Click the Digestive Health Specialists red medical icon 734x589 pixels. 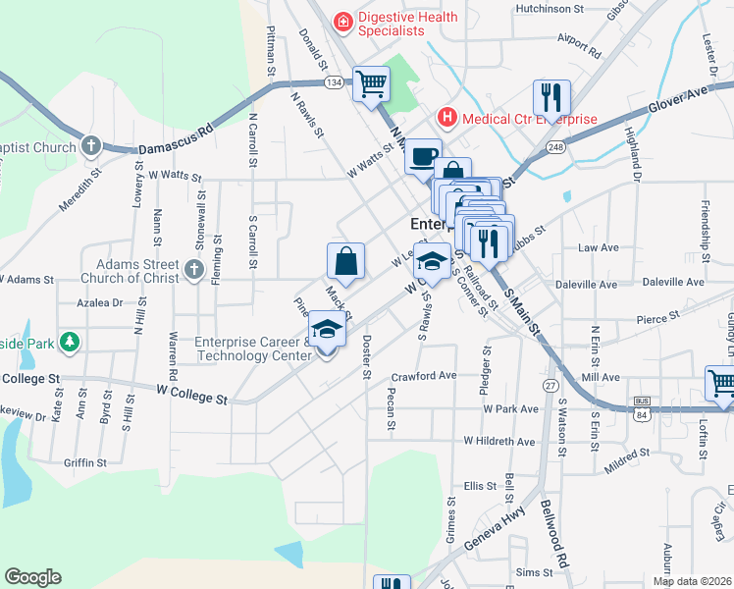tap(342, 20)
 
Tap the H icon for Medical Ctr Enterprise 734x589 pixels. tap(447, 118)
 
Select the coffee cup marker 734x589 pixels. tap(422, 155)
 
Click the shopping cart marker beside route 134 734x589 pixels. tap(371, 84)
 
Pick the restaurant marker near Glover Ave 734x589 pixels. tap(551, 97)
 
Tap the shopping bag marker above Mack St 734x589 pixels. tap(345, 262)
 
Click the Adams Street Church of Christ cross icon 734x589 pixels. tap(193, 267)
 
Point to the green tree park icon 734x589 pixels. tap(69, 341)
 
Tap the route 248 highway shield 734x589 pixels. tap(556, 147)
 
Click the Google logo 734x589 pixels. tap(33, 577)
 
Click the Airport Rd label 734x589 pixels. tap(577, 43)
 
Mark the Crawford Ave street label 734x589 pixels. tap(424, 375)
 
